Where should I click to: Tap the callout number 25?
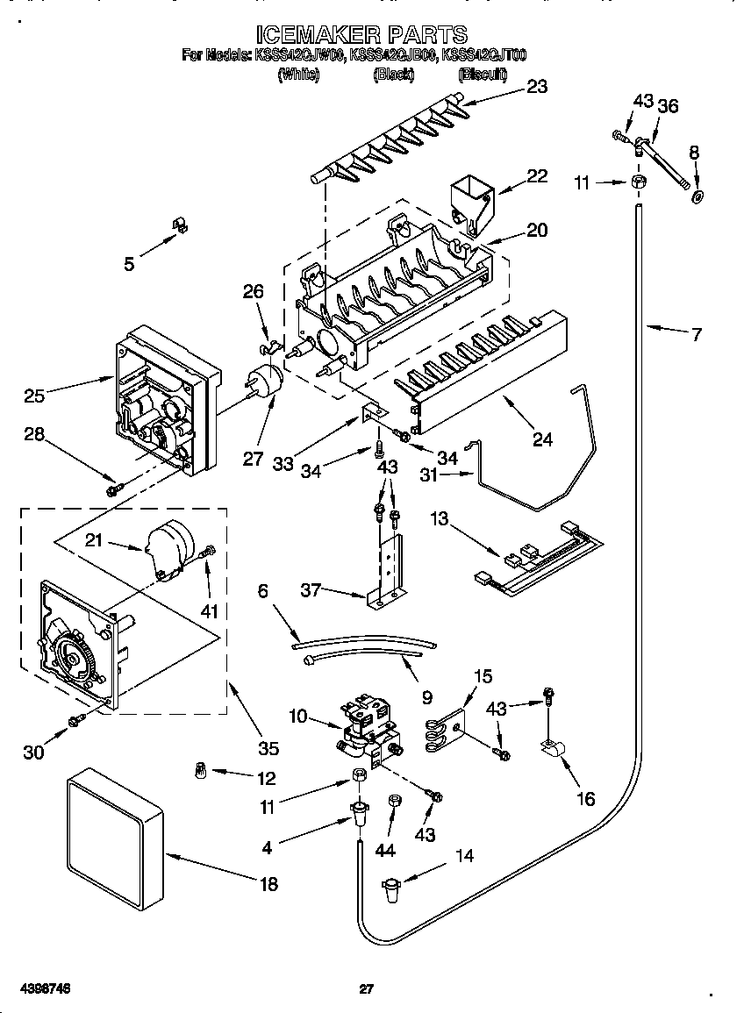point(34,396)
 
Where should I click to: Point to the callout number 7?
point(696,334)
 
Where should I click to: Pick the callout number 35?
point(268,748)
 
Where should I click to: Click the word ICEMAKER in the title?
point(318,35)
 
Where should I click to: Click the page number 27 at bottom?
point(367,989)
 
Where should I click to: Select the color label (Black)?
point(393,75)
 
